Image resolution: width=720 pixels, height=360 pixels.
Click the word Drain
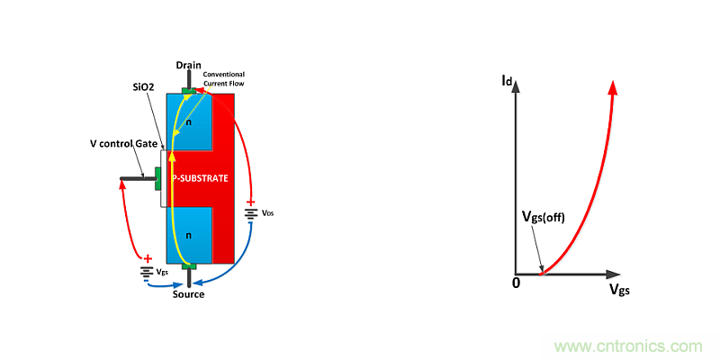188,65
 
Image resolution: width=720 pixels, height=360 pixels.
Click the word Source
188,294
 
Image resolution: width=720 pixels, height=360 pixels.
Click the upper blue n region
191,121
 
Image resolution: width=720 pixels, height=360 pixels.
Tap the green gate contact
157,179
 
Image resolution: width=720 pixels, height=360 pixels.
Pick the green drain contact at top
188,91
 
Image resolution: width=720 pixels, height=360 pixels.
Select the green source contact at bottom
188,266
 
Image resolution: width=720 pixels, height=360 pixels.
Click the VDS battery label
269,214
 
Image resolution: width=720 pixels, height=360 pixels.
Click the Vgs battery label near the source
161,271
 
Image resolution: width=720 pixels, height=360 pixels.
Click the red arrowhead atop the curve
612,88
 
